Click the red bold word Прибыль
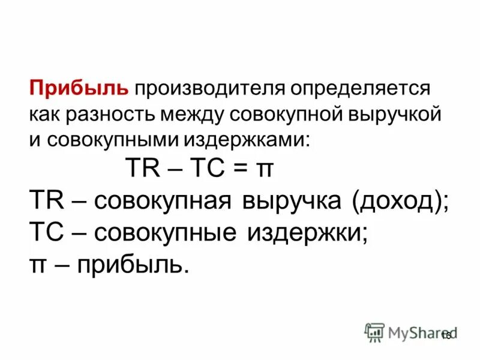pos(80,89)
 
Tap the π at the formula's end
pos(265,170)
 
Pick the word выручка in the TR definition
pos(290,202)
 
